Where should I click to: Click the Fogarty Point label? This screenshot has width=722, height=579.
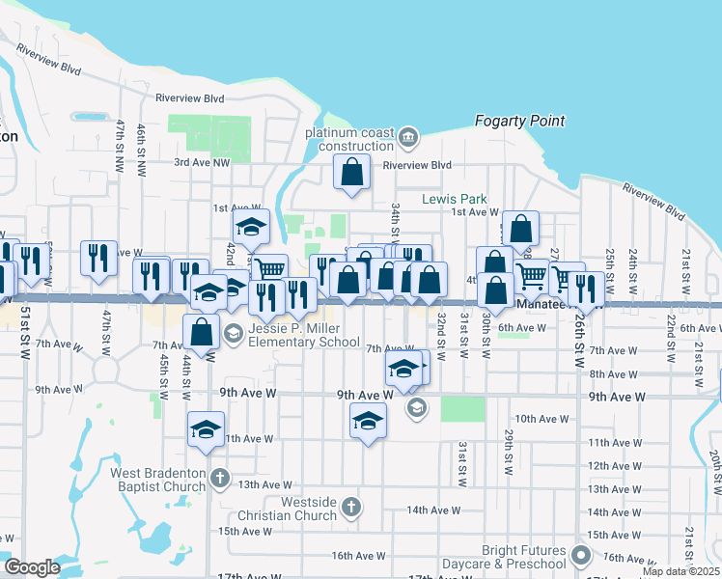519,122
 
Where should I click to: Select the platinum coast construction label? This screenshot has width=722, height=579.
349,139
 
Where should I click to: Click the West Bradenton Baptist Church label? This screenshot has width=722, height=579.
158,479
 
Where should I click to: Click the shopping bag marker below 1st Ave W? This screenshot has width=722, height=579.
520,229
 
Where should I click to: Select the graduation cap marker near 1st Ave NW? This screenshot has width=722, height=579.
251,227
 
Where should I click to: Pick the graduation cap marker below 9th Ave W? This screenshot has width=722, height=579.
367,421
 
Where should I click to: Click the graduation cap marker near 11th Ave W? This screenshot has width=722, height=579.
206,429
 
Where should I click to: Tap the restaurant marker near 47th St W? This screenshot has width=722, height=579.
98,258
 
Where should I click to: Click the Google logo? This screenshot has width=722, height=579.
32,567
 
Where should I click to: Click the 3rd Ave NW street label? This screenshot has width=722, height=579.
203,163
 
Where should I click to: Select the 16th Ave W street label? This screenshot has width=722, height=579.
359,556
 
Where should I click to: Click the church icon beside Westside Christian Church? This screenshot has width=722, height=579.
351,507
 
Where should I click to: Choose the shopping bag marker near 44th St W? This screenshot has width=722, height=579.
202,332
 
